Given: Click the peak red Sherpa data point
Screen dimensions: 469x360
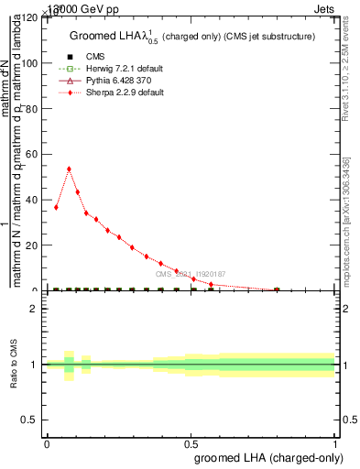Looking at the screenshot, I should point(69,169).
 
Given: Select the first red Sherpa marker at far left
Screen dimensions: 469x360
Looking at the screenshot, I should point(56,207).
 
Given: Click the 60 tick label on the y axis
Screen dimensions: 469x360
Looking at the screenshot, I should point(34,154).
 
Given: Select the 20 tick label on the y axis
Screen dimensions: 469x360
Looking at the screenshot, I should point(34,245).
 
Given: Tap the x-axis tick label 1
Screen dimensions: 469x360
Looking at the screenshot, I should point(335,444).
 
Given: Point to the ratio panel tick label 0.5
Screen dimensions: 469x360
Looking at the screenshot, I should point(32,420).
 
